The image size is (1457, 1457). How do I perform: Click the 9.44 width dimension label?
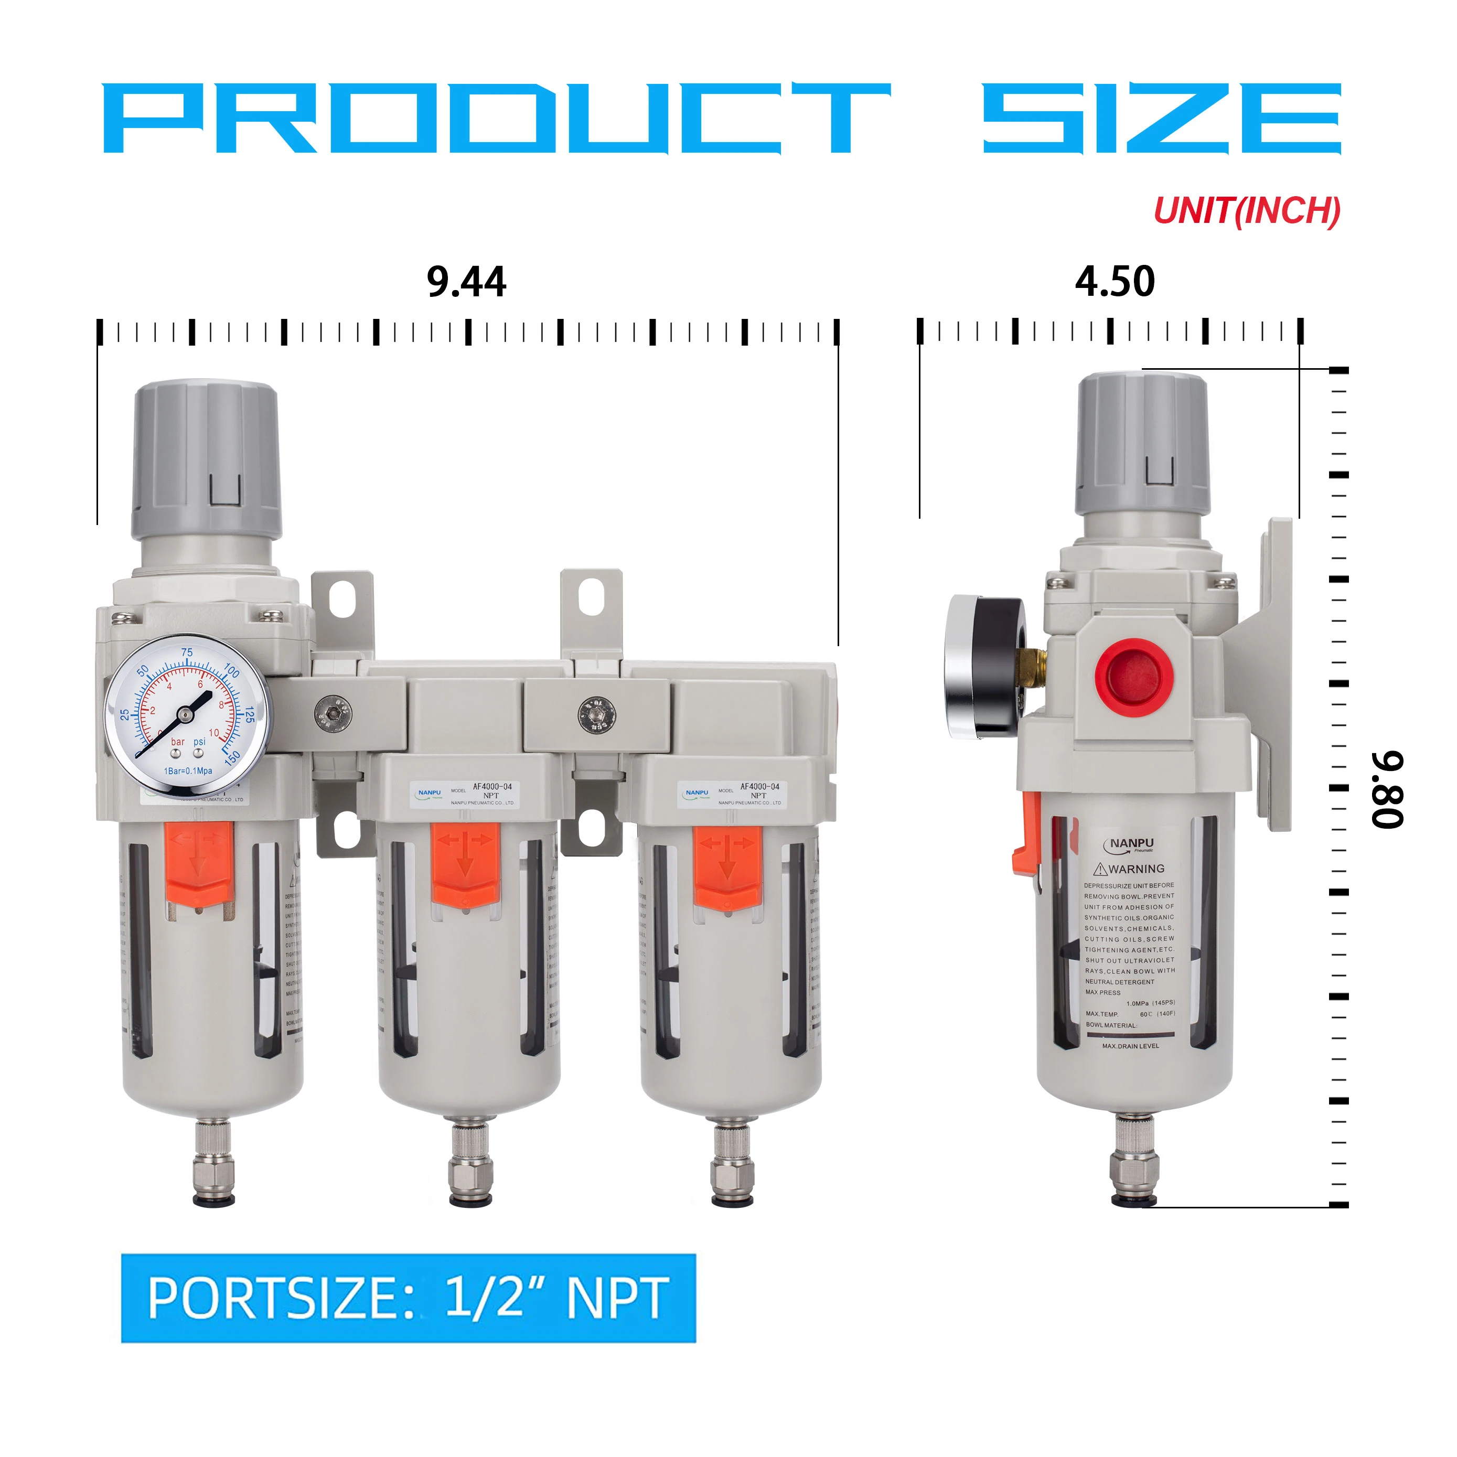pyautogui.click(x=466, y=282)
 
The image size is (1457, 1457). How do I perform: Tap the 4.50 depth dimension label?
pyautogui.click(x=1114, y=282)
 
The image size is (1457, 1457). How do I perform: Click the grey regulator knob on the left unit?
pyautogui.click(x=205, y=460)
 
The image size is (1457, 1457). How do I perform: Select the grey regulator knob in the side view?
pyautogui.click(x=1142, y=445)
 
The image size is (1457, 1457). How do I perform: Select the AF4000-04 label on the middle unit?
pyautogui.click(x=492, y=787)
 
